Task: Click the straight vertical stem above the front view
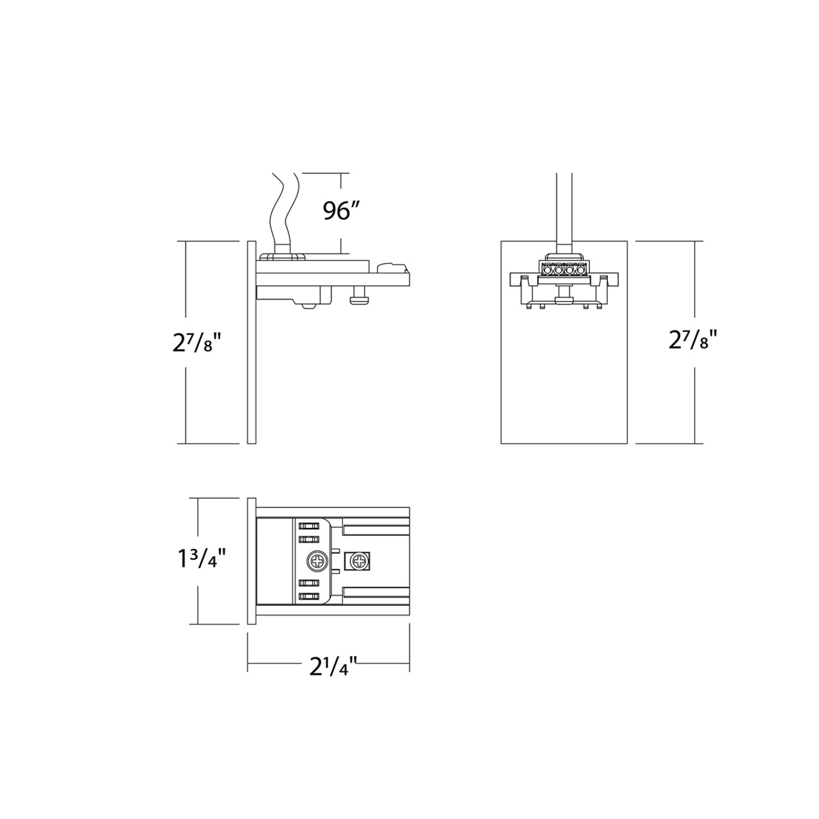pyautogui.click(x=564, y=211)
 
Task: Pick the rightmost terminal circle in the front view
pyautogui.click(x=581, y=270)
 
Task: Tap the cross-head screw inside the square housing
pyautogui.click(x=358, y=561)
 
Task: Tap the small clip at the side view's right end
pyautogui.click(x=392, y=266)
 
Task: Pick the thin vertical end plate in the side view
pyautogui.click(x=251, y=342)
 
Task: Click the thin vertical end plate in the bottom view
pyautogui.click(x=251, y=561)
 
